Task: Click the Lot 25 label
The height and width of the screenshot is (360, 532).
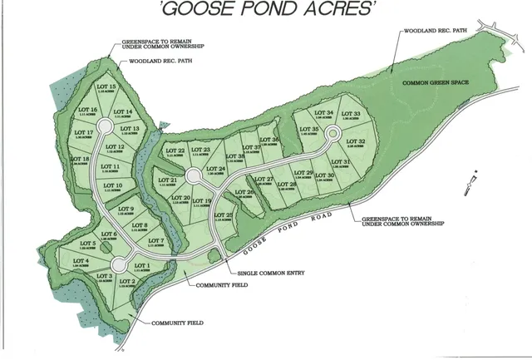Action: pos(224,215)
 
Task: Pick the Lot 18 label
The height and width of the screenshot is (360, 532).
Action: pos(81,159)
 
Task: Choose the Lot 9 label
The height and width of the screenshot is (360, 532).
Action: pos(126,210)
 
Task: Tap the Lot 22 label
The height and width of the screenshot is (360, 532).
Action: pos(175,150)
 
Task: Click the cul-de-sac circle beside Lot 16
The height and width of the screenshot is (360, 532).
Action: pos(106,126)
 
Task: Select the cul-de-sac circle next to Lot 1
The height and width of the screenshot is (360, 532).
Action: pos(118,264)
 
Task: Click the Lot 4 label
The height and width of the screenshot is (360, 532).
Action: pos(81,262)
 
